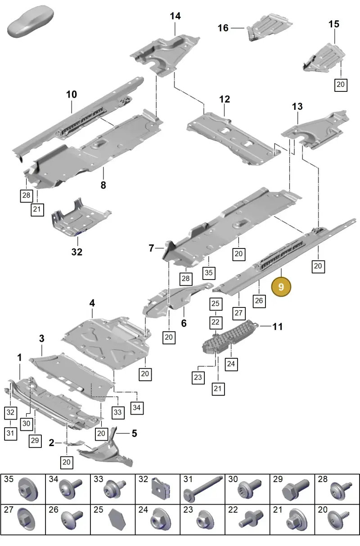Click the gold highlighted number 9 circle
point(281,287)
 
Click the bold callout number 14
point(175,16)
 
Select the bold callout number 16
point(223,28)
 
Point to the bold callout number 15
point(334,24)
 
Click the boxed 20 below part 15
point(341,85)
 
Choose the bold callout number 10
point(72,95)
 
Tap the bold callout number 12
point(225,99)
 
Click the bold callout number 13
point(297,106)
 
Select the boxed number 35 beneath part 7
point(209,272)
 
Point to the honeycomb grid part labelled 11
point(229,336)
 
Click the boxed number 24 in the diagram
point(231,364)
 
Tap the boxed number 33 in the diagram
point(118,412)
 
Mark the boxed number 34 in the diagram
point(137,407)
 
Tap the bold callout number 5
point(134,433)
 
